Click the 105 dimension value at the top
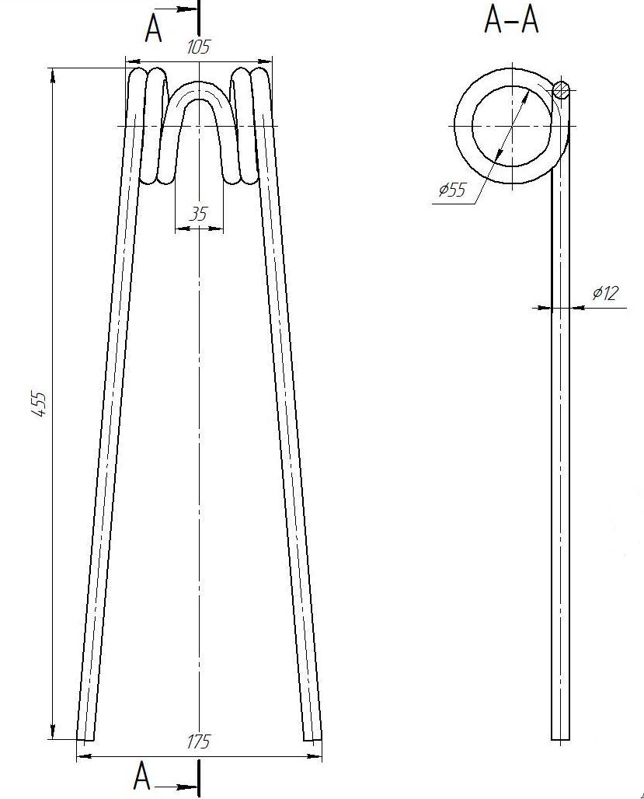pyautogui.click(x=198, y=47)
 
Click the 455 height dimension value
pyautogui.click(x=40, y=404)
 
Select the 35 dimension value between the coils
pyautogui.click(x=198, y=214)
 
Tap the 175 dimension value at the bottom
pyautogui.click(x=198, y=742)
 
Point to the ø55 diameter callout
pyautogui.click(x=452, y=190)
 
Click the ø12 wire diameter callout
pyautogui.click(x=605, y=293)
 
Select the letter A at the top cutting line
pyautogui.click(x=153, y=28)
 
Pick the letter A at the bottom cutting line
pyautogui.click(x=141, y=776)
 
